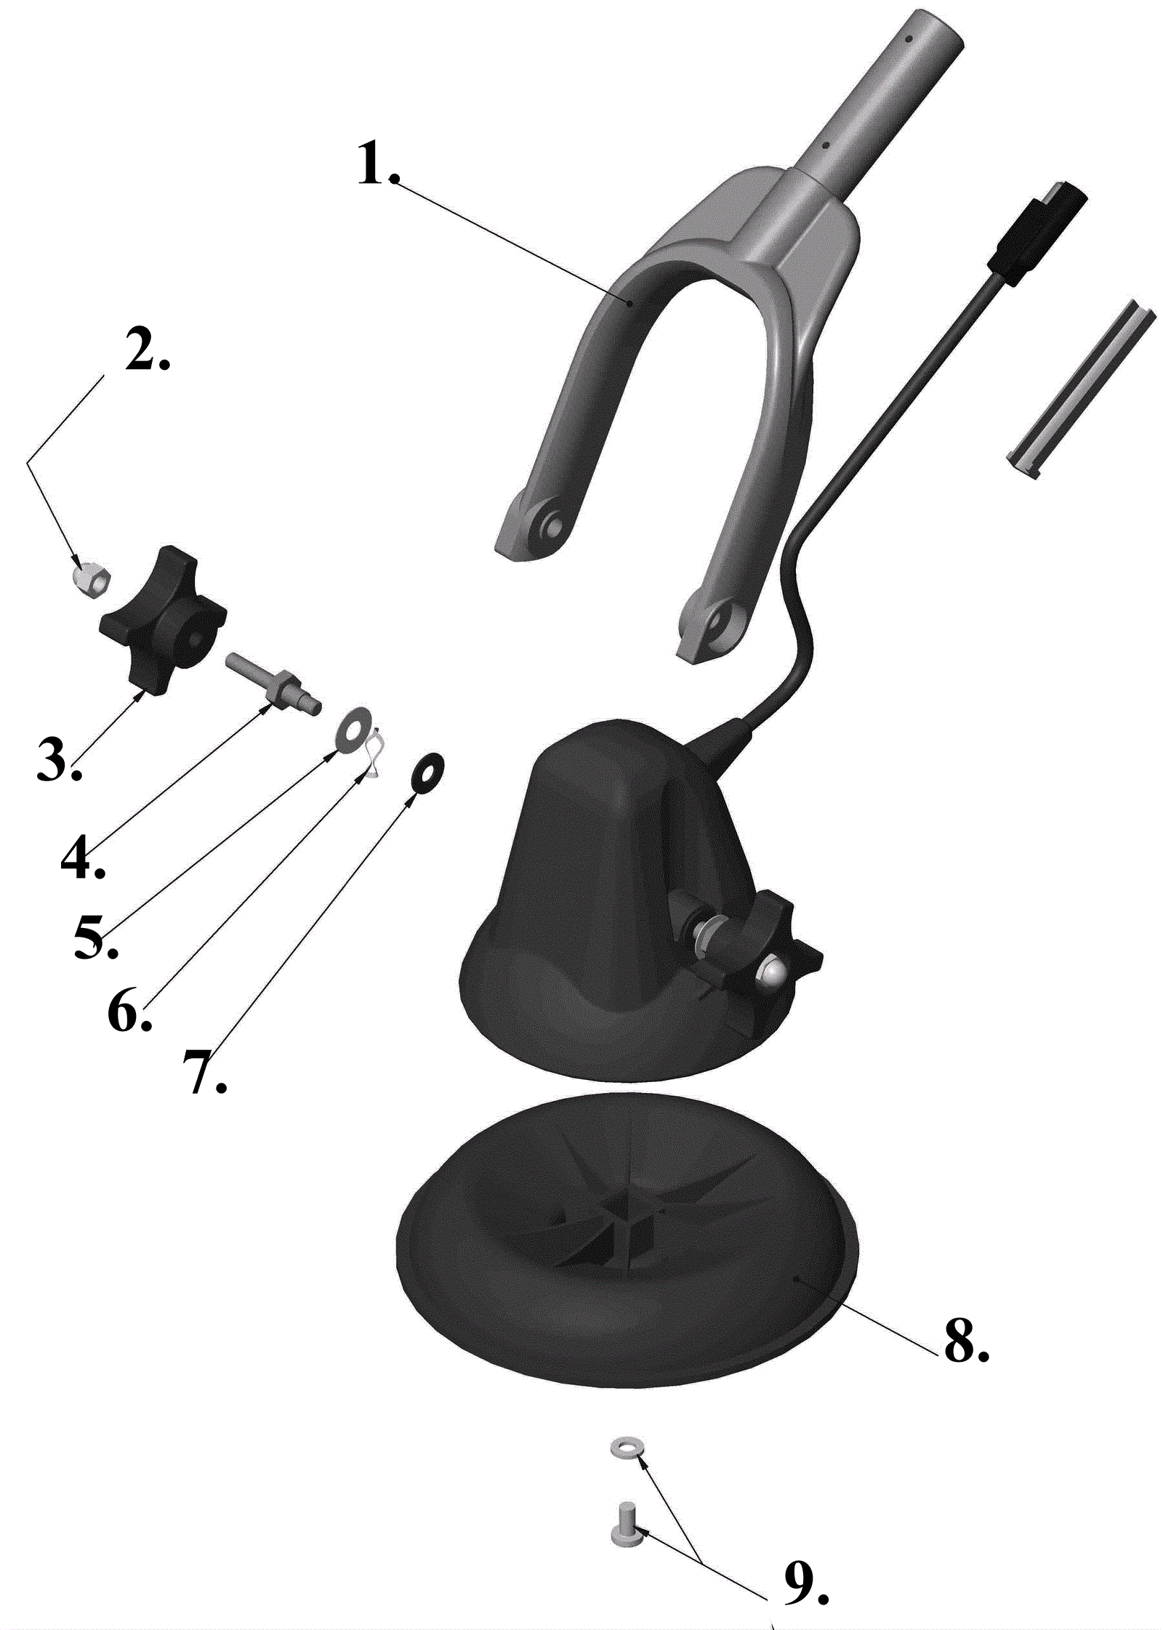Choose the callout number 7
(x=205, y=1072)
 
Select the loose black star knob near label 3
(x=162, y=619)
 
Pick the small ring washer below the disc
(x=625, y=1445)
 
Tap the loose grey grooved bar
(x=1080, y=389)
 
